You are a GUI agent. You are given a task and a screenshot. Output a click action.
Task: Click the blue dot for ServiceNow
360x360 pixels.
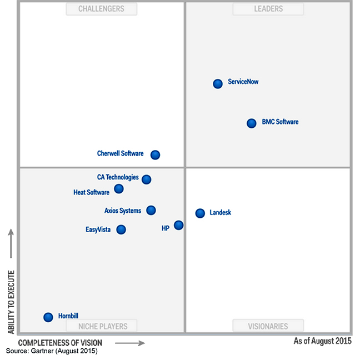218,83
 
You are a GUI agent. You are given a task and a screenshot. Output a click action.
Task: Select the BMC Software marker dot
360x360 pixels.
252,123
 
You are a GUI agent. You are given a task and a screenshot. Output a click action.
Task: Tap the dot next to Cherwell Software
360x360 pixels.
156,155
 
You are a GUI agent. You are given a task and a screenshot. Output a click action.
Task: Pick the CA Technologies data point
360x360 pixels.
146,179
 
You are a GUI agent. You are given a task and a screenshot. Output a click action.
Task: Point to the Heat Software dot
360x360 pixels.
119,189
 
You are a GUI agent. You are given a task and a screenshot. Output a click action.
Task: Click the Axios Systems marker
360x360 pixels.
151,210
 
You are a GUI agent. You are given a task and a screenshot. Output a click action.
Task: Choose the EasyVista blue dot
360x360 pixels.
121,229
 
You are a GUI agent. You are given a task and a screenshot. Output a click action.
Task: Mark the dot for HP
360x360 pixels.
178,225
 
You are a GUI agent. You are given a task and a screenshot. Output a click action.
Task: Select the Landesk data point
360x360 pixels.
200,213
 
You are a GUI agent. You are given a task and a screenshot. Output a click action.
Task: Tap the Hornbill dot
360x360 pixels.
48,317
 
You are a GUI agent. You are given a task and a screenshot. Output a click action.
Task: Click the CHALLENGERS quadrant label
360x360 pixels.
101,9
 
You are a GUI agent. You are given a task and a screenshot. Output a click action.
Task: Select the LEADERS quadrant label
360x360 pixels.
268,9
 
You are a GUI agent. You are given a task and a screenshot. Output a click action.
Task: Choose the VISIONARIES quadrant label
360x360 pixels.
268,326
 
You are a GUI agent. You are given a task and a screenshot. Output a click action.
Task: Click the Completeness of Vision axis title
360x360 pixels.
60,343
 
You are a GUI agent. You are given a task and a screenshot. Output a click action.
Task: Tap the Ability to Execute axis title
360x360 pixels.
11,302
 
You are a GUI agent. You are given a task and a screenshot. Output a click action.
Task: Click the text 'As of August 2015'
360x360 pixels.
322,341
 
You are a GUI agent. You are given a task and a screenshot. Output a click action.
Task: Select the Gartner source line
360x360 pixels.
52,352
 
